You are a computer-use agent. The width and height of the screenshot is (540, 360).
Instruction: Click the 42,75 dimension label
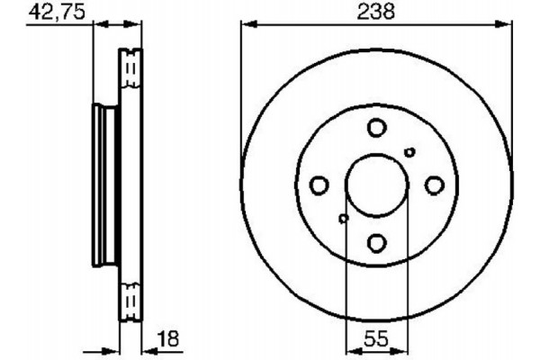51,12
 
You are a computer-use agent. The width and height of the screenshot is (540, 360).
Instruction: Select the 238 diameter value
376,12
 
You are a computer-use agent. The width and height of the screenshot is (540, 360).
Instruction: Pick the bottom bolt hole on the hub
376,242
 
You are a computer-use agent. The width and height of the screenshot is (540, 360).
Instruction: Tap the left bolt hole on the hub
319,184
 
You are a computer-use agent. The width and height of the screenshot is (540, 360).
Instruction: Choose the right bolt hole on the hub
434,184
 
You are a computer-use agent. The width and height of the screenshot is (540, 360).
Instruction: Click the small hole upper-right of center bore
409,152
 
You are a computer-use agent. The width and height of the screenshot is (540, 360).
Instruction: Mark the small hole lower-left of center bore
343,218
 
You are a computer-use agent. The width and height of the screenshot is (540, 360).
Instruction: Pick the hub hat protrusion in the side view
102,184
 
